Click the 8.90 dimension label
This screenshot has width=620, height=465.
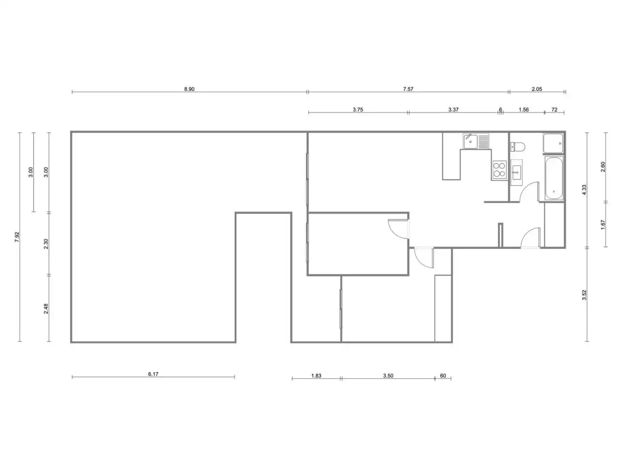click(189, 89)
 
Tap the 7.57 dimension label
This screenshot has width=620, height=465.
click(408, 89)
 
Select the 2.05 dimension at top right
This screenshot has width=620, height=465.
click(537, 89)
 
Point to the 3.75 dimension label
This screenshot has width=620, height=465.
click(357, 109)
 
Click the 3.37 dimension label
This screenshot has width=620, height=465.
click(453, 109)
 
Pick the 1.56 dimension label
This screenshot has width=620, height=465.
click(524, 109)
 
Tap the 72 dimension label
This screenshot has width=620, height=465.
click(555, 109)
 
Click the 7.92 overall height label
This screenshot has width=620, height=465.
click(17, 237)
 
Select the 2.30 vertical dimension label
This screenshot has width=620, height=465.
click(46, 244)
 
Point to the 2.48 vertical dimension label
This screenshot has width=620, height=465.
click(46, 309)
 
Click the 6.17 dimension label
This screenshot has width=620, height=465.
click(153, 374)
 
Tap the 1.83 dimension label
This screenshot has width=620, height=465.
click(316, 376)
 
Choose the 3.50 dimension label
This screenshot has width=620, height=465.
click(388, 376)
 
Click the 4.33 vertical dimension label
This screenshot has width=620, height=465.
click(585, 190)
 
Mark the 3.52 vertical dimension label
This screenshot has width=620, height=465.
click(585, 295)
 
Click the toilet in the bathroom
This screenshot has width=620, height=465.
click(517, 147)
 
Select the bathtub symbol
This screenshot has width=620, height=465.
click(554, 178)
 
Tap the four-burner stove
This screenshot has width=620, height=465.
click(499, 170)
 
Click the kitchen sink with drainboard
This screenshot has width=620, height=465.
click(476, 141)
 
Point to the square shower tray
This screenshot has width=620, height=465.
click(553, 143)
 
